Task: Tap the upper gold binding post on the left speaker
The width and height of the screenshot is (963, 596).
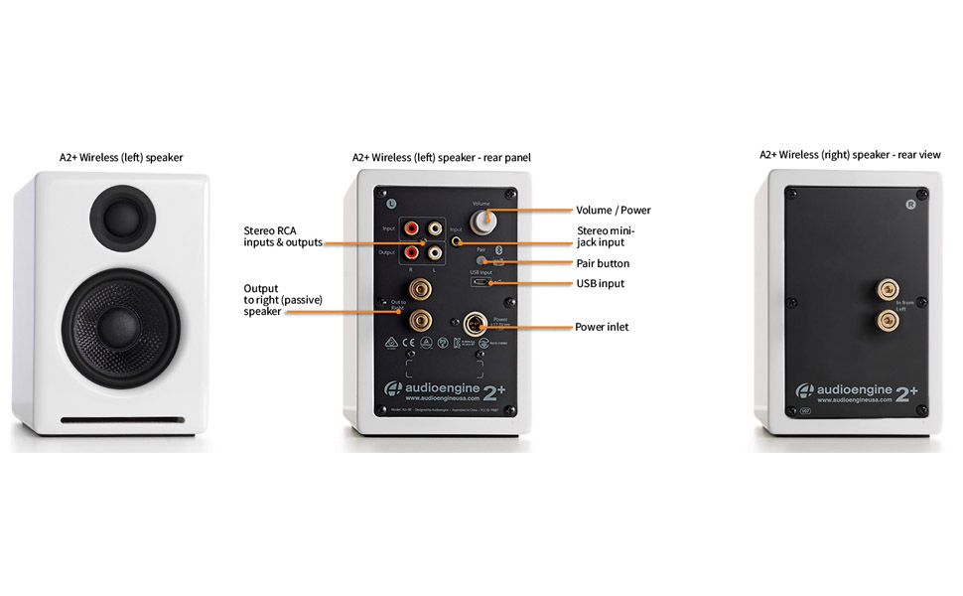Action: pos(421,291)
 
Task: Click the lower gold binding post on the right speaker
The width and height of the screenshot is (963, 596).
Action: pos(882,321)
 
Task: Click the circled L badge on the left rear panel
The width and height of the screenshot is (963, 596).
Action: pos(391,203)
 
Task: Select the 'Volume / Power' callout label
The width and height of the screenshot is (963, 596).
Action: pos(613,211)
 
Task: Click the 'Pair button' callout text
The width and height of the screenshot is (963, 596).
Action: pos(603,263)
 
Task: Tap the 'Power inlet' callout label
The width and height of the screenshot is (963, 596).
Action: pos(602,326)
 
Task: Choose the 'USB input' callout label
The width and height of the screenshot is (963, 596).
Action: pos(600,284)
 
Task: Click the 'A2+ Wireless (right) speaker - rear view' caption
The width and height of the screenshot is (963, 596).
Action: pos(850,155)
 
